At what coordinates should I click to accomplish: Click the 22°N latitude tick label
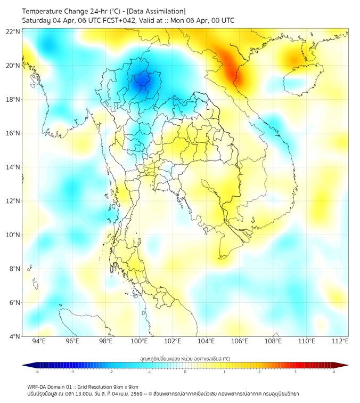13,31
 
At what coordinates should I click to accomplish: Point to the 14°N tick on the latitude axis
13,167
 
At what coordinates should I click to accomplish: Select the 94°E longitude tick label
39,342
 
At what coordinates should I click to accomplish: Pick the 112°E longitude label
339,342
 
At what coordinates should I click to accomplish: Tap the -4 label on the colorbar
37,372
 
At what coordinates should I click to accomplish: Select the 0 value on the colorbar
185,372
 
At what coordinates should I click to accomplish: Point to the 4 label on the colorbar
334,372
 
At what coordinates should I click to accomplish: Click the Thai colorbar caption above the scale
185,359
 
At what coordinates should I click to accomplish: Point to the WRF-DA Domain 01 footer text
56,386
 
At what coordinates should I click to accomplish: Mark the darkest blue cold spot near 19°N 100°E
142,80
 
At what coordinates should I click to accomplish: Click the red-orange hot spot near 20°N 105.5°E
234,69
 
